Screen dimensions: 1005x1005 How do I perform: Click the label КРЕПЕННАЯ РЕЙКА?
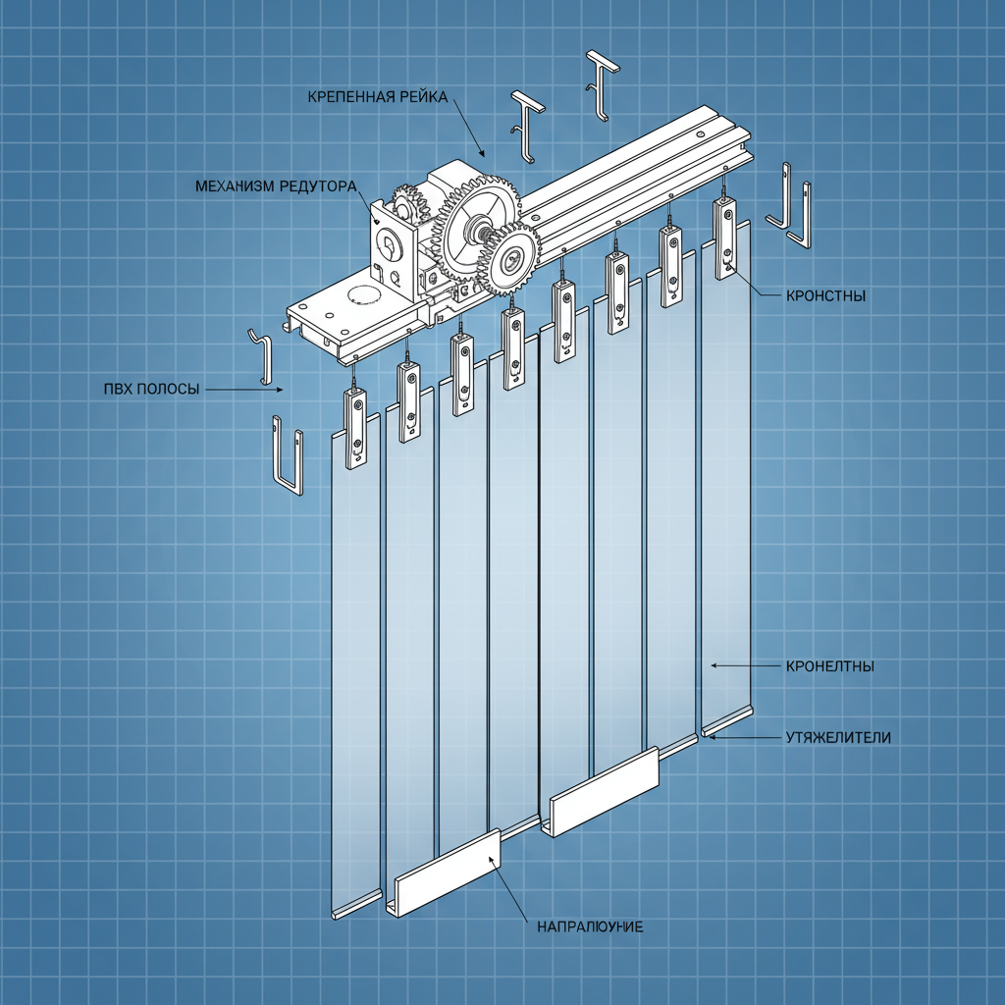click(377, 96)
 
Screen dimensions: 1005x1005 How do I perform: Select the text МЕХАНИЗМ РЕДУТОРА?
click(275, 185)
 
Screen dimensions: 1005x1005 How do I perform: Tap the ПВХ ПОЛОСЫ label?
click(150, 390)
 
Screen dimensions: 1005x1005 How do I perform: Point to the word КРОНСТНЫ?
click(825, 295)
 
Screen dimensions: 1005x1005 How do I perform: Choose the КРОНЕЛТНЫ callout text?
click(829, 666)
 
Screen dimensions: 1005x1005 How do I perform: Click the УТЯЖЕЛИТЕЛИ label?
click(838, 737)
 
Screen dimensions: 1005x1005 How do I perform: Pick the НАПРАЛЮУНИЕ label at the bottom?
click(589, 926)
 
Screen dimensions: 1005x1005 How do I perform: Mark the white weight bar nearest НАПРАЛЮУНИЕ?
click(447, 873)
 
